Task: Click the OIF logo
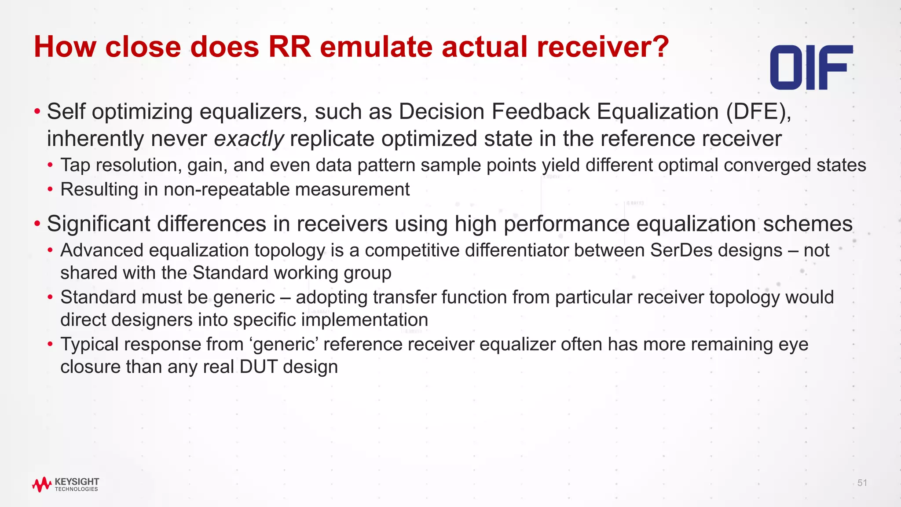click(x=811, y=67)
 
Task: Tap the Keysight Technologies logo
click(x=66, y=484)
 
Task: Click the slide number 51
click(x=862, y=483)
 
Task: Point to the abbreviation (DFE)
click(x=758, y=111)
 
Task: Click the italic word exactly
click(x=249, y=139)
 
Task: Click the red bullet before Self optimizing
click(x=37, y=111)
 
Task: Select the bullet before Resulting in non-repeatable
click(x=51, y=190)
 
